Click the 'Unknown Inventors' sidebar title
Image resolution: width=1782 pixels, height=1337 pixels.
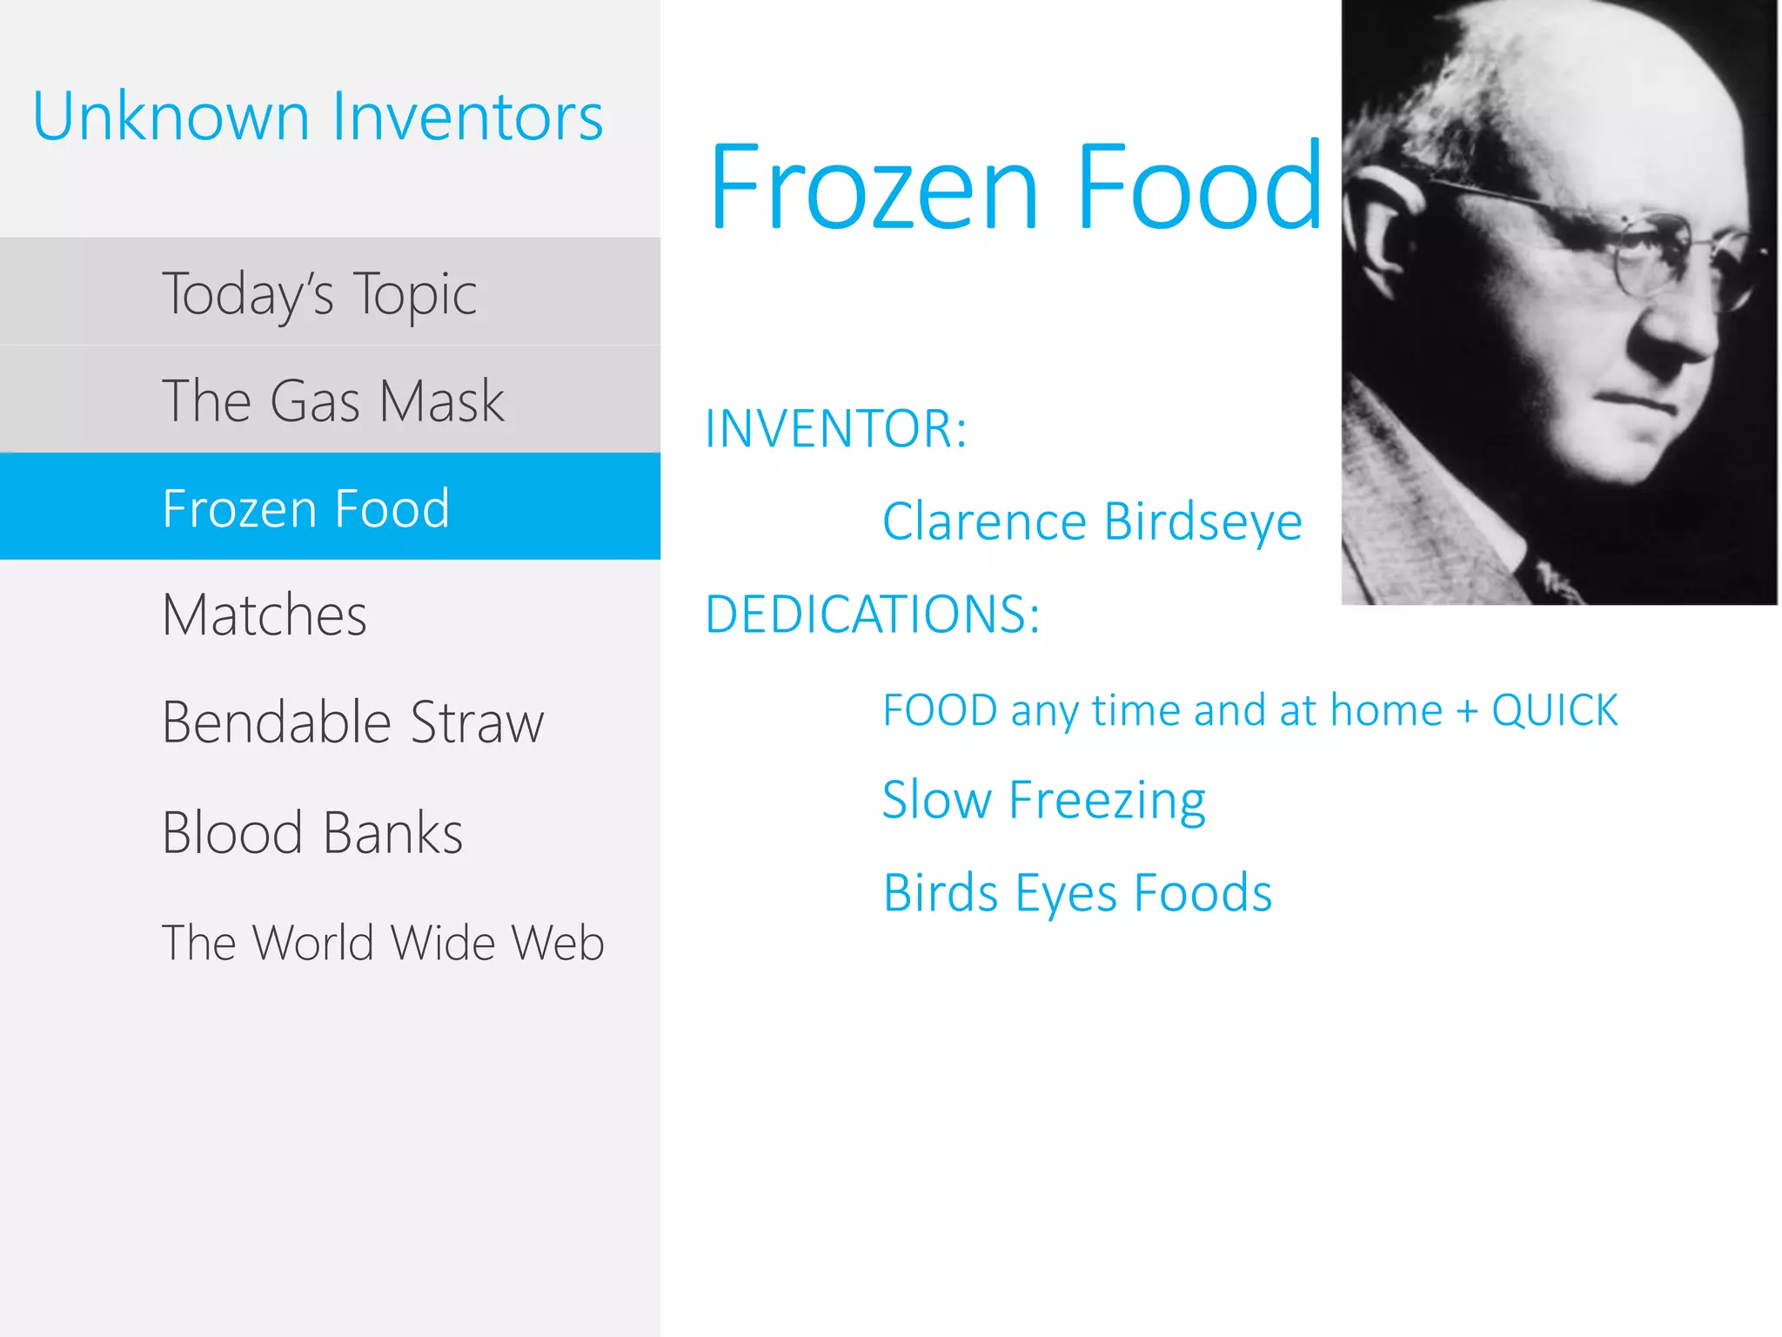pos(318,117)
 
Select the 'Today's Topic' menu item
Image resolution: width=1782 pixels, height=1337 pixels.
pos(319,293)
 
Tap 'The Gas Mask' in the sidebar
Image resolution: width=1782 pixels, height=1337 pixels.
pos(333,401)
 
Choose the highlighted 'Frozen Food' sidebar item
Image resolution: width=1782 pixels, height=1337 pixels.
pos(306,508)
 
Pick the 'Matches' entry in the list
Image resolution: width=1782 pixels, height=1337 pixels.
pos(265,615)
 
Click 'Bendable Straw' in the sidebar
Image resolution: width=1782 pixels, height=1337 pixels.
pos(352,722)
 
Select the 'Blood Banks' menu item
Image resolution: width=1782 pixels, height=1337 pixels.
pos(312,833)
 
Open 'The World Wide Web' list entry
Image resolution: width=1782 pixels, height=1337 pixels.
pos(383,943)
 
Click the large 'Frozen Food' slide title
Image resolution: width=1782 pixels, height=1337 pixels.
pos(1015,187)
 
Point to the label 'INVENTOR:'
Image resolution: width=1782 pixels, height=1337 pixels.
pos(835,429)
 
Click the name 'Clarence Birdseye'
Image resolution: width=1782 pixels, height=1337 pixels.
pos(1092,522)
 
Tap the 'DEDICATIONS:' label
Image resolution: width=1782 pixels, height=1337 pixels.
pos(873,615)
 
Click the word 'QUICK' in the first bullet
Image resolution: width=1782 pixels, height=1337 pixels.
pos(1554,710)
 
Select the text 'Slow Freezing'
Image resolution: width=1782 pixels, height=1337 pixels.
pos(1043,800)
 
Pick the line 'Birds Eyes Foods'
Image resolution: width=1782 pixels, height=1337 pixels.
pos(1077,893)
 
